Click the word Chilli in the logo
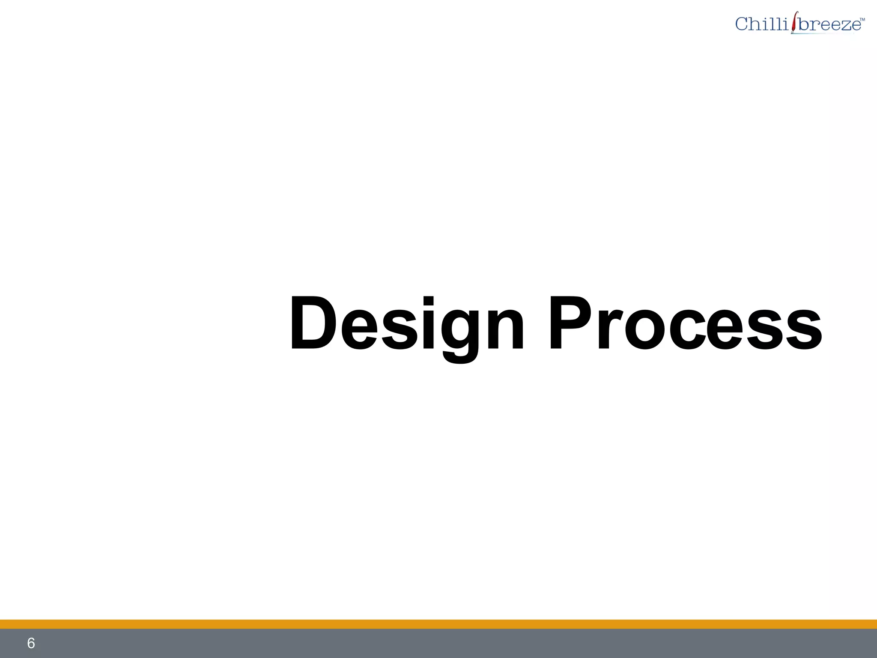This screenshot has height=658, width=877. (x=761, y=24)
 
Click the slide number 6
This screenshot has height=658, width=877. (x=31, y=643)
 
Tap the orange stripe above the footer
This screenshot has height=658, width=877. (x=438, y=624)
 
